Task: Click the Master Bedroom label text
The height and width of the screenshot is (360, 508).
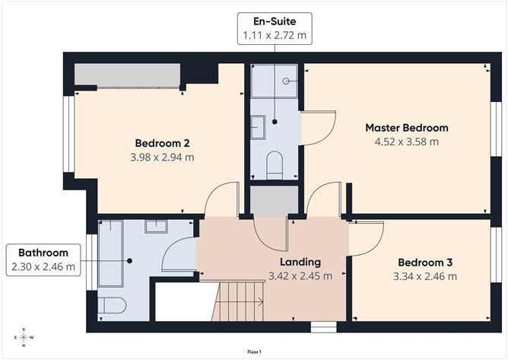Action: tap(406, 128)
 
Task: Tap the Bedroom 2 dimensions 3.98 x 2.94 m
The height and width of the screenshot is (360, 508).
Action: tap(162, 158)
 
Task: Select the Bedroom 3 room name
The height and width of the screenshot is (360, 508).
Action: tap(425, 263)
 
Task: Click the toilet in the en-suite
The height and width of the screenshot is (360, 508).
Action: tap(275, 164)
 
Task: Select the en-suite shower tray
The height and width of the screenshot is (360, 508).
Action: tap(275, 81)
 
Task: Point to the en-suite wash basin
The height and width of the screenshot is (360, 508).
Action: tap(257, 126)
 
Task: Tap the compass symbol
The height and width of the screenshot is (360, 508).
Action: tap(24, 337)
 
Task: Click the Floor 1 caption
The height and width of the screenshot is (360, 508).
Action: tap(254, 352)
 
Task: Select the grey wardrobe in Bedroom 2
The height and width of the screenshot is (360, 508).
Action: tap(127, 75)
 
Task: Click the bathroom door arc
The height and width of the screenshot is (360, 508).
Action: tap(179, 256)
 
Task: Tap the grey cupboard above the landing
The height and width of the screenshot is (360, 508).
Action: tap(275, 200)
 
